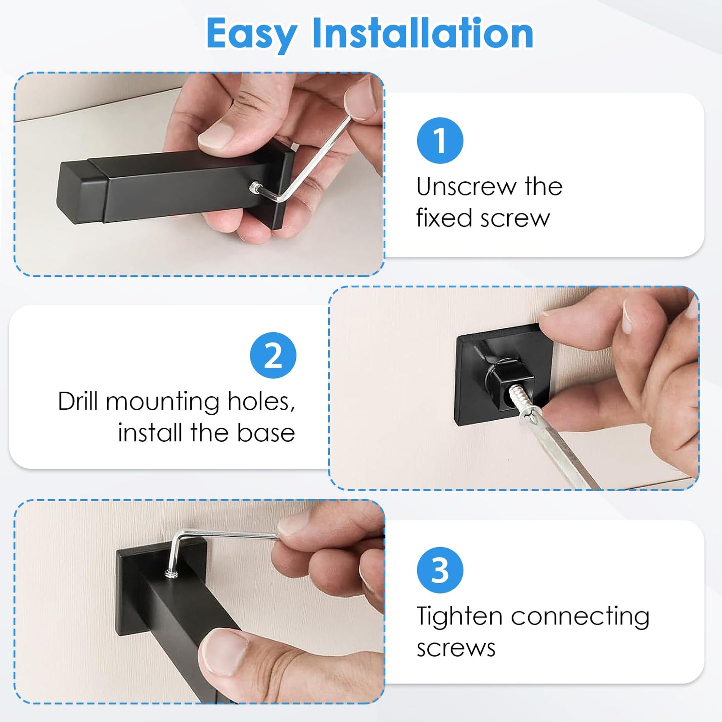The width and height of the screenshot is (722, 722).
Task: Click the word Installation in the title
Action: pyautogui.click(x=423, y=33)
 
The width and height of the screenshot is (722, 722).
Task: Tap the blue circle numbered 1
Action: pyautogui.click(x=440, y=140)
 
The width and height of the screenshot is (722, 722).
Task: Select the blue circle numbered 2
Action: pyautogui.click(x=273, y=355)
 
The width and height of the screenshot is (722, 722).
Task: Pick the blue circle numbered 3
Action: pyautogui.click(x=440, y=570)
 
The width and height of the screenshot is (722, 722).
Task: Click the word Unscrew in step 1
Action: pyautogui.click(x=466, y=186)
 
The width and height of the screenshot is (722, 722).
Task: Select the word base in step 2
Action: pyautogui.click(x=266, y=433)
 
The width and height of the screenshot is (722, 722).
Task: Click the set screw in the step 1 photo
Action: pyautogui.click(x=255, y=186)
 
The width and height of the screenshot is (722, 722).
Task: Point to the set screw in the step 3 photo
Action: pyautogui.click(x=171, y=573)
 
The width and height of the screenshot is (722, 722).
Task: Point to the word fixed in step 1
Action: pyautogui.click(x=444, y=218)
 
